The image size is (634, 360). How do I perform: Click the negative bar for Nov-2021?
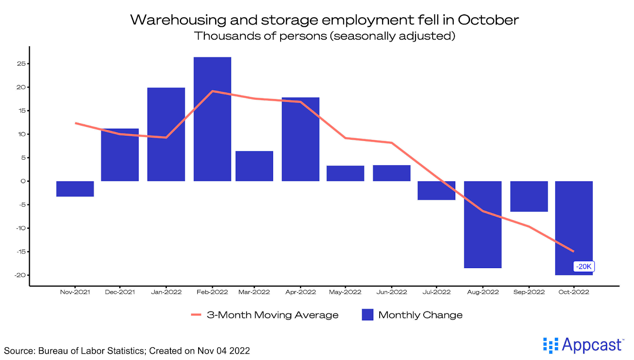[75, 189]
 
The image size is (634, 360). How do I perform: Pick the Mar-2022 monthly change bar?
[254, 166]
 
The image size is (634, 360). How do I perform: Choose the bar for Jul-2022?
[436, 190]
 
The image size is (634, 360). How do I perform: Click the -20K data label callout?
[584, 267]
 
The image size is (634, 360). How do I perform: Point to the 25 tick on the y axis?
[21, 64]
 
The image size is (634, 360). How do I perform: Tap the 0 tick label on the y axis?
[23, 181]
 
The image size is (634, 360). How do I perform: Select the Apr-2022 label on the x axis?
[300, 292]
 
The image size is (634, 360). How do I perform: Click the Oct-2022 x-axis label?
[573, 292]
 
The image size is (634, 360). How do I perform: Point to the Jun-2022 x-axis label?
[391, 292]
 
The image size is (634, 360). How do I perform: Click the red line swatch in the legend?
[196, 315]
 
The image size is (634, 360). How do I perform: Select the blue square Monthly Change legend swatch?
[367, 315]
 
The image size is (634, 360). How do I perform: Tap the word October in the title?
[488, 20]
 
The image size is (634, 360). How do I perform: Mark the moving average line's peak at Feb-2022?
[212, 91]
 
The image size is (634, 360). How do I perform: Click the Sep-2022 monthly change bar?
[529, 196]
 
